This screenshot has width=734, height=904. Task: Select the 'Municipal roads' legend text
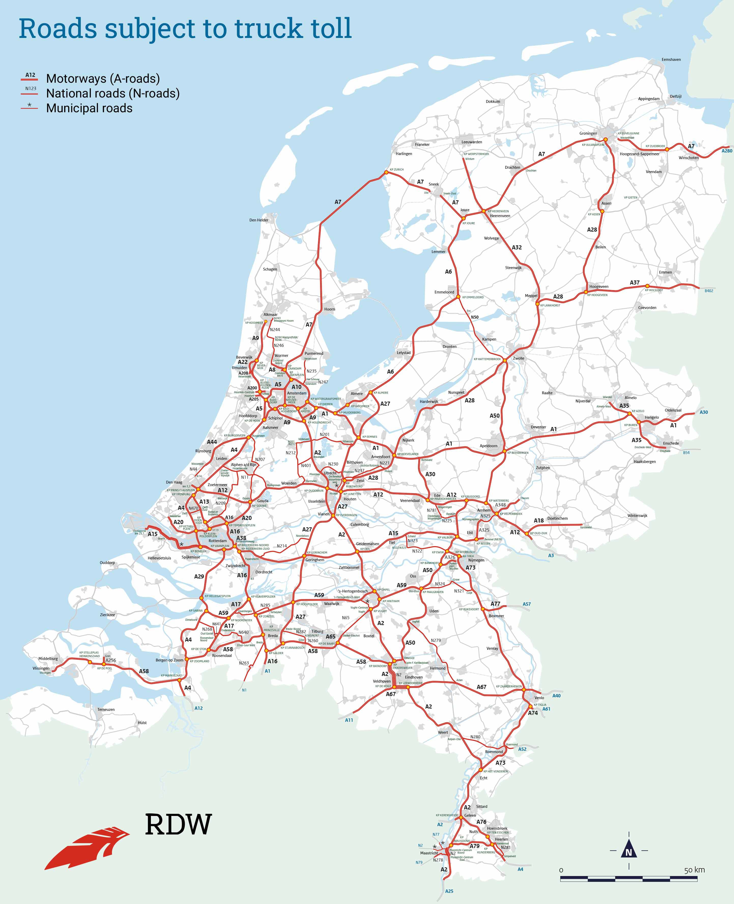[x=89, y=108]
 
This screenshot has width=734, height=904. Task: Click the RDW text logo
[x=178, y=824]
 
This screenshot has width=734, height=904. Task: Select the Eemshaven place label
[x=671, y=60]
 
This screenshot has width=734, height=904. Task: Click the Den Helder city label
[x=259, y=220]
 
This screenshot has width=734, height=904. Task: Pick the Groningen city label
[x=588, y=133]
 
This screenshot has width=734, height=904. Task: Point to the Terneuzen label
[x=106, y=709]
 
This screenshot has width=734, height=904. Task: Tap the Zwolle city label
[x=518, y=358]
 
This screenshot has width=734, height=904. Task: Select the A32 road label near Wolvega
[x=517, y=247]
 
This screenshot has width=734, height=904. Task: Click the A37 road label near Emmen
[x=635, y=282]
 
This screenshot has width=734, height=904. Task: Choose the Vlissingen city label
[x=41, y=668]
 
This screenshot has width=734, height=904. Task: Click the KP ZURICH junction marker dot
[x=386, y=172]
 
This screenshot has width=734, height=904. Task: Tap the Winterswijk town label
[x=637, y=516]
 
